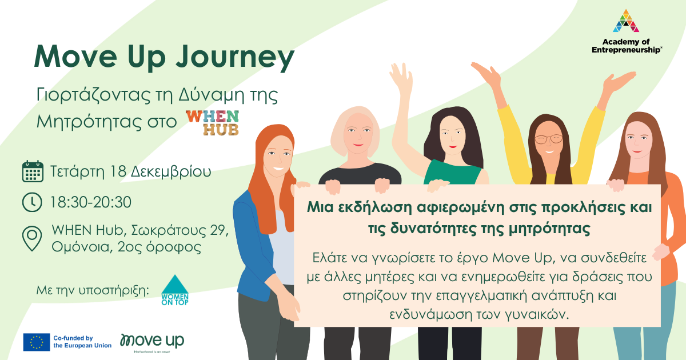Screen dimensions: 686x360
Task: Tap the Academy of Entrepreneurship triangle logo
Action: [626, 21]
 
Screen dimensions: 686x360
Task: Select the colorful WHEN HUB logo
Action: [212, 122]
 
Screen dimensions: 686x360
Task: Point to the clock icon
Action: [32, 202]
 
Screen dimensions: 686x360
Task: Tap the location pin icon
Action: [32, 238]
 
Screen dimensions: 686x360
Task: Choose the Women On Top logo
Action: [175, 290]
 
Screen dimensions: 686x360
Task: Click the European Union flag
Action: [37, 342]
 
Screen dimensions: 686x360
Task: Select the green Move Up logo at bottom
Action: [152, 342]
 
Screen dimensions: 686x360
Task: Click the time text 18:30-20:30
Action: [91, 202]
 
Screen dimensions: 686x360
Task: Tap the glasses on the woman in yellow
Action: [549, 139]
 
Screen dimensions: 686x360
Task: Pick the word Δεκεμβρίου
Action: [171, 172]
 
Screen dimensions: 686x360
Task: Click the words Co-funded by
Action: [73, 338]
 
